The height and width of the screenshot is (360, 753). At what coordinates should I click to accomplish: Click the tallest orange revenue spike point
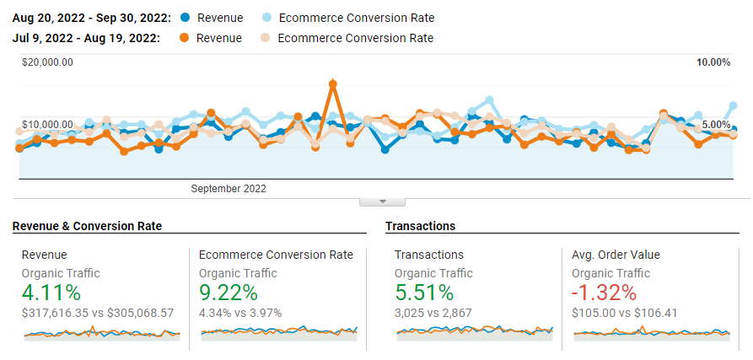[333, 84]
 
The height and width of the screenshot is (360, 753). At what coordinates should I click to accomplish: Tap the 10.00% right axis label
[713, 62]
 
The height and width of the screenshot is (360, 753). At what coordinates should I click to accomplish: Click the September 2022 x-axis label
[229, 189]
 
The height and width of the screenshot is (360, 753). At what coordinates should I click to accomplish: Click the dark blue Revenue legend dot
[186, 18]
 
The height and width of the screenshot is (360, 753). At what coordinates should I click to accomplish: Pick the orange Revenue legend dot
[186, 38]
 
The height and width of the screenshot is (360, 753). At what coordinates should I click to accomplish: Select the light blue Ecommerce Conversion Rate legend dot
[266, 18]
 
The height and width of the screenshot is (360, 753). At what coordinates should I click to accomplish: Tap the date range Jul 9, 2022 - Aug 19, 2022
[87, 38]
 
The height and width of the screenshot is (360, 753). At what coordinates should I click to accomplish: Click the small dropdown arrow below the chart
[383, 201]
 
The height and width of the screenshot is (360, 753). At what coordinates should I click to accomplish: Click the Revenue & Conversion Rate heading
[87, 226]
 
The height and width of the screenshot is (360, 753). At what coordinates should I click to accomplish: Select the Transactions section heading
[420, 226]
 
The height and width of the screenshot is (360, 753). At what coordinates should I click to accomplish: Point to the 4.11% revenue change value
[51, 293]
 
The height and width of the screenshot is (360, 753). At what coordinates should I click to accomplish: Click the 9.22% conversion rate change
[228, 293]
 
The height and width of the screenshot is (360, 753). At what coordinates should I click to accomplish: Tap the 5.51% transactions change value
[424, 293]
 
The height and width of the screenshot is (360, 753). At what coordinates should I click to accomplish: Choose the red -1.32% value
[604, 293]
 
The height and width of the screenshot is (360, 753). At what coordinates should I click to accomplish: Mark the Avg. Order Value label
[616, 255]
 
